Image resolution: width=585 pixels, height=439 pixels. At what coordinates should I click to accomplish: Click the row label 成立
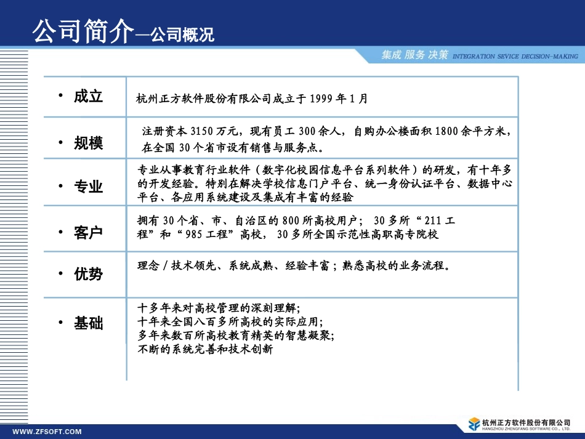pos(88,96)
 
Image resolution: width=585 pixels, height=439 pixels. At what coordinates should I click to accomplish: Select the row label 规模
pos(88,143)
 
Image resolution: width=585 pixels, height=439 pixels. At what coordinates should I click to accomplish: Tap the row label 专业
pos(88,187)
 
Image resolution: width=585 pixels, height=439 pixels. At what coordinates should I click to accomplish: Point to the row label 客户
pos(88,233)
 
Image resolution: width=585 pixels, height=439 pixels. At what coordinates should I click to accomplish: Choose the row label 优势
pos(88,274)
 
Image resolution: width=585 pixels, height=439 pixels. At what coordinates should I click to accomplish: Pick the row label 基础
pos(88,323)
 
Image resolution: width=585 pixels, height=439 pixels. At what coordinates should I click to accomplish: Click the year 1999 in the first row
pos(323,99)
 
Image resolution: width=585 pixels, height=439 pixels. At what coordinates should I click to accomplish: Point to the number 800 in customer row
pos(291,221)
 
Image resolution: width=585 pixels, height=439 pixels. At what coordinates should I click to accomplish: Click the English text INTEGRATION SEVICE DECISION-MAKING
pos(515,56)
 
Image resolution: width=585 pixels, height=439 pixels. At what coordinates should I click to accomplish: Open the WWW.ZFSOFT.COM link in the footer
pos(47,432)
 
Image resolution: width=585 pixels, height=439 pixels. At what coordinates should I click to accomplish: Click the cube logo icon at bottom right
pos(474,424)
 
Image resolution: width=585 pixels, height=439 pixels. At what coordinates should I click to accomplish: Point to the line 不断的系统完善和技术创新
pos(206,349)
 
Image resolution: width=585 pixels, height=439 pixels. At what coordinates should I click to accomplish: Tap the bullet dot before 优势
pos(60,273)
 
